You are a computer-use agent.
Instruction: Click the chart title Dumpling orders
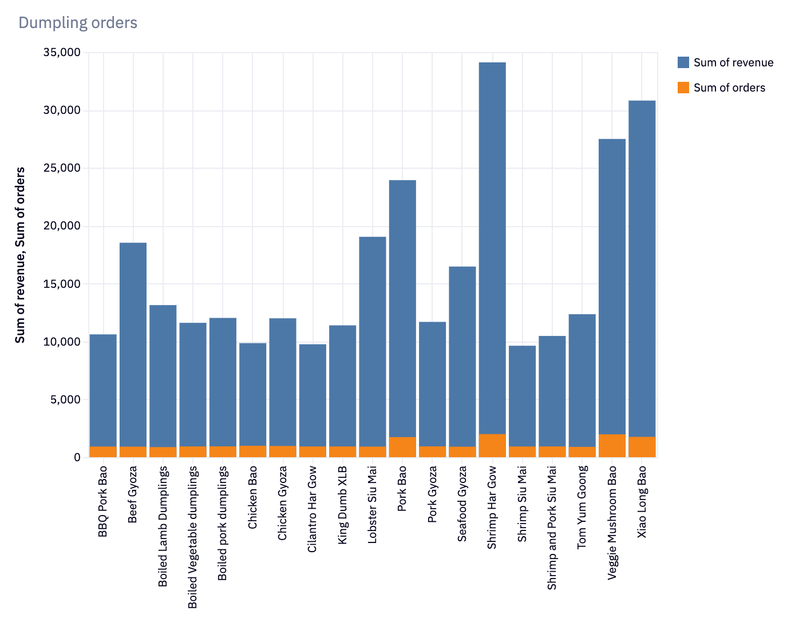[x=78, y=23]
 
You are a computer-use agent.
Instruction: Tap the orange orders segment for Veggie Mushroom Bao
[x=612, y=446]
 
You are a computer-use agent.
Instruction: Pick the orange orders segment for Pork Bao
[x=402, y=447]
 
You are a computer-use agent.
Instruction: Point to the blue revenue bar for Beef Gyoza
[x=133, y=343]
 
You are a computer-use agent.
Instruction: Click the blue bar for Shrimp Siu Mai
[x=522, y=395]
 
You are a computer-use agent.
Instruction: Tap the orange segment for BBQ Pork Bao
[x=103, y=451]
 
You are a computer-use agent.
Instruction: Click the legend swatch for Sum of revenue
[x=683, y=62]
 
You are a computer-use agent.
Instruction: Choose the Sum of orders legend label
[x=729, y=88]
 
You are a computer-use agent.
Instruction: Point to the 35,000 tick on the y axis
[x=62, y=53]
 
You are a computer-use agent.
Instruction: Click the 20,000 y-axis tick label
[x=62, y=226]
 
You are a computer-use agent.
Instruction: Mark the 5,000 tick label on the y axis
[x=65, y=399]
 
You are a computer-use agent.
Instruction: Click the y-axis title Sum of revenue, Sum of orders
[x=21, y=255]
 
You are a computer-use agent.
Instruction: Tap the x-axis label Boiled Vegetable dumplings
[x=193, y=537]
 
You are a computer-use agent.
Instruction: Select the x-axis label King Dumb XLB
[x=343, y=505]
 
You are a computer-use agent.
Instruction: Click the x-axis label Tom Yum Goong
[x=582, y=507]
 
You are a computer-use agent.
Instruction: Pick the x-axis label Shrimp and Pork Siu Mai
[x=552, y=528]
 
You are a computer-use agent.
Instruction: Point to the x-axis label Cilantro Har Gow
[x=313, y=509]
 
